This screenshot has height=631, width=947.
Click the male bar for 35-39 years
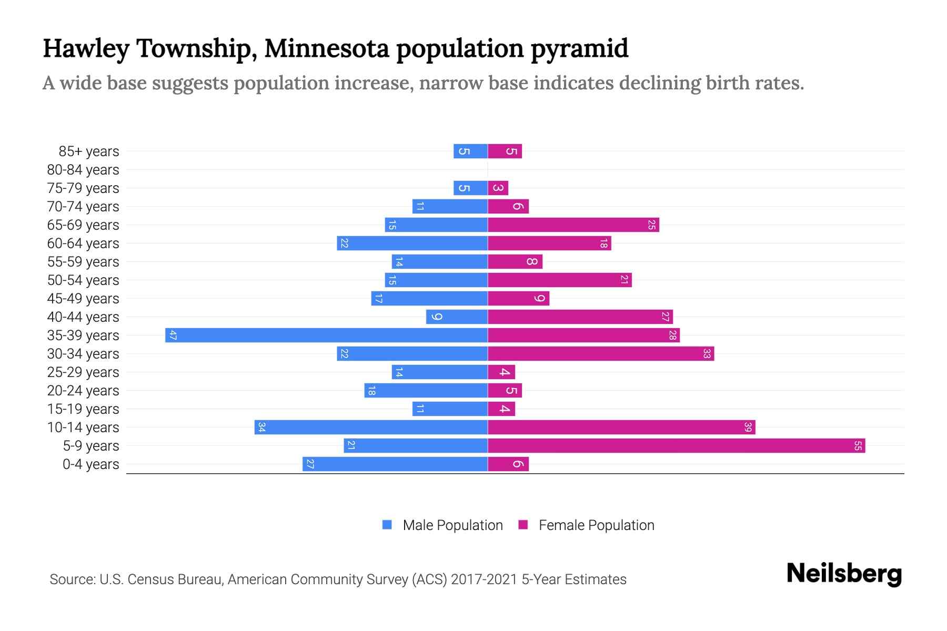326,335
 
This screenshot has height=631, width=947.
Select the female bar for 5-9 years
676,446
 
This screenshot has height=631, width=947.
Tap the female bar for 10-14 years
621,428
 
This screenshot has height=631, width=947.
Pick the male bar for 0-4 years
395,464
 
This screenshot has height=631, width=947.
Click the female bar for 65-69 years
573,225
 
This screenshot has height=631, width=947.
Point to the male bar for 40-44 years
457,317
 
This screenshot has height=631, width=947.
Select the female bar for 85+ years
505,151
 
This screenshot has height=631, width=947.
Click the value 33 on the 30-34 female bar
707,354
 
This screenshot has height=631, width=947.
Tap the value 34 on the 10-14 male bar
261,428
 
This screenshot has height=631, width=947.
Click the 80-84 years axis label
83,170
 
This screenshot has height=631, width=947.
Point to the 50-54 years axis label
83,280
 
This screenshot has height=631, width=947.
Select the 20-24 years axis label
83,391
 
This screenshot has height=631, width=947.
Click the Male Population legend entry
452,525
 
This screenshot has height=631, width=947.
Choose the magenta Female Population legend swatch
523,525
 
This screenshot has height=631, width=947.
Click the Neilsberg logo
844,574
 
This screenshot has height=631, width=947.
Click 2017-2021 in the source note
484,579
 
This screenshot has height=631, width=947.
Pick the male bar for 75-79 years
470,188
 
